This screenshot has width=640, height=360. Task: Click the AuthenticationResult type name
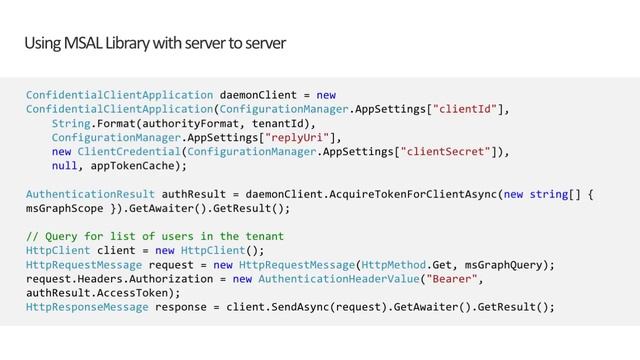89,195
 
